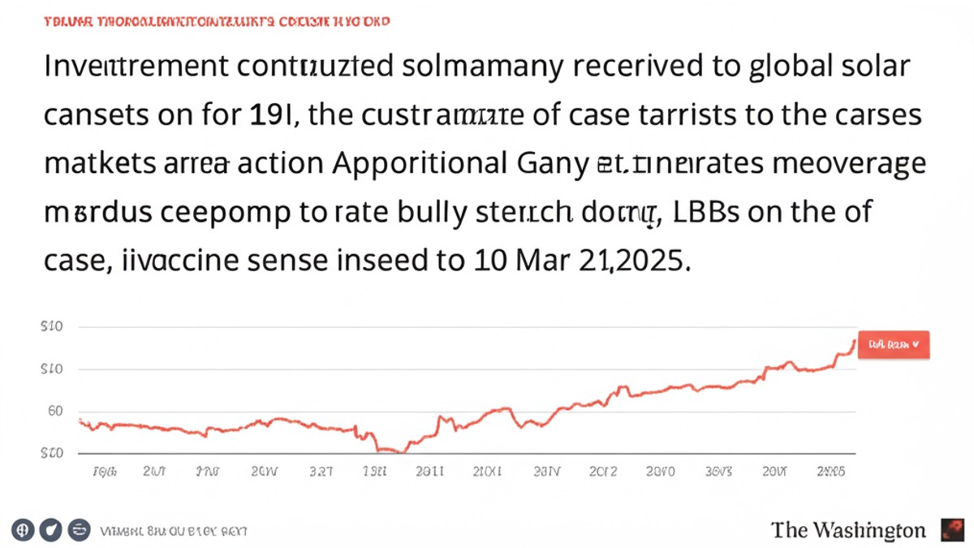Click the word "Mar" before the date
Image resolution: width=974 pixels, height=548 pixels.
click(x=526, y=261)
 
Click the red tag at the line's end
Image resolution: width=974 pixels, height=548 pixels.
click(x=894, y=344)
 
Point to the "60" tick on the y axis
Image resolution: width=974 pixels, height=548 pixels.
click(x=54, y=411)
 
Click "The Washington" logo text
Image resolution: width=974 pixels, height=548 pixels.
click(x=848, y=530)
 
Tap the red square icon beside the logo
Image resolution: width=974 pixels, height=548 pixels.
click(x=951, y=530)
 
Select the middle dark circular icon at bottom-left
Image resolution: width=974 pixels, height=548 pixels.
click(x=50, y=530)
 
